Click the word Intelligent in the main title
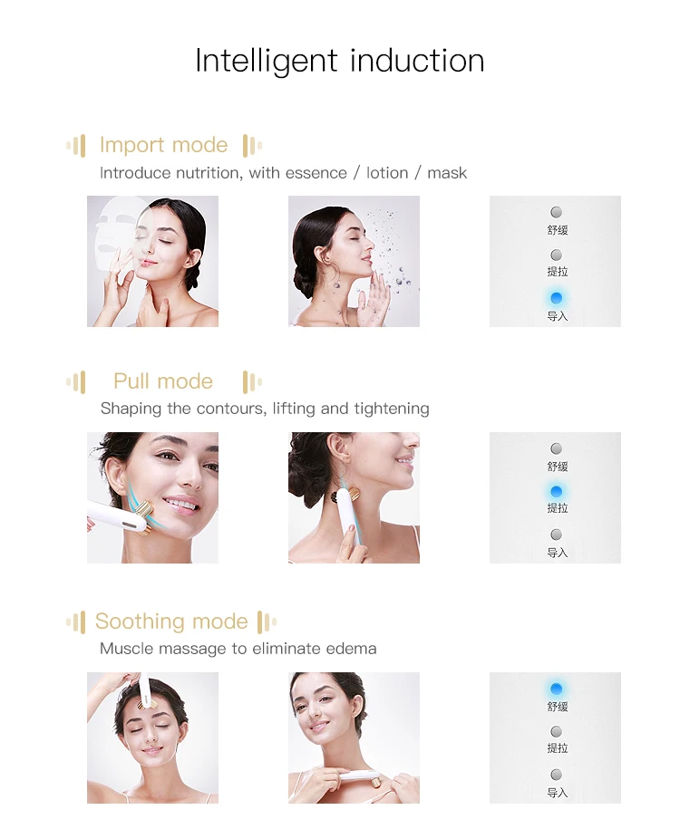[x=267, y=62]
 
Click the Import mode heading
[x=163, y=145]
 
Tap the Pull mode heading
[x=163, y=381]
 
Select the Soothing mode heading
[x=171, y=622]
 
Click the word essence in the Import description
[x=316, y=173]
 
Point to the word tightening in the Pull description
[x=392, y=409]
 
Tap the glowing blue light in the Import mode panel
[x=556, y=298]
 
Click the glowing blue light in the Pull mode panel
[x=556, y=492]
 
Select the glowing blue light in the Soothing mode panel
[x=556, y=689]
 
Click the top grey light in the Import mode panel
[x=556, y=212]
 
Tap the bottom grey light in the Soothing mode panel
[x=556, y=775]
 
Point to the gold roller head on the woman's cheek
[x=143, y=517]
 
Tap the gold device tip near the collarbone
[x=375, y=780]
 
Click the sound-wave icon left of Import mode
[x=76, y=145]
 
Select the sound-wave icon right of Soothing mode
[x=267, y=622]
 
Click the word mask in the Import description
[x=447, y=173]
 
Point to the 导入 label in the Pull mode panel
[x=558, y=553]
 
